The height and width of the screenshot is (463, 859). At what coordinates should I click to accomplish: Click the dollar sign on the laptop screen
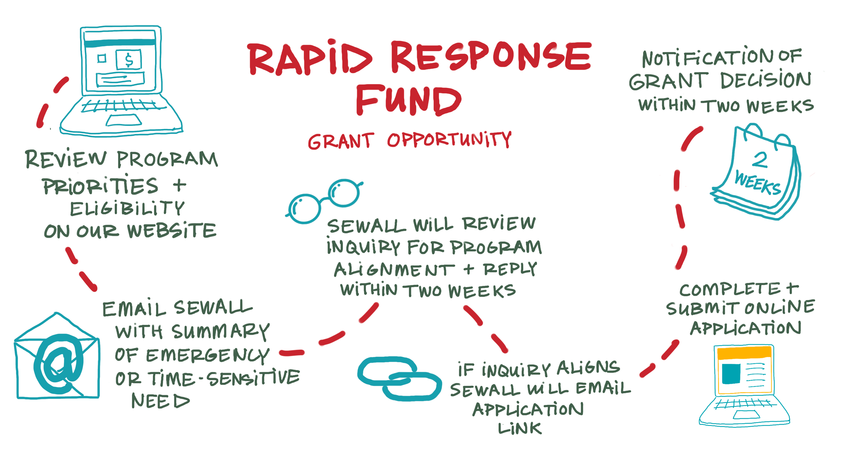click(x=129, y=60)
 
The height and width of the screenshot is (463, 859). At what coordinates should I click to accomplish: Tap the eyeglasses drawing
click(x=324, y=201)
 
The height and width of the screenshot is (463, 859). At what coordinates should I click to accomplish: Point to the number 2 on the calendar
click(x=759, y=160)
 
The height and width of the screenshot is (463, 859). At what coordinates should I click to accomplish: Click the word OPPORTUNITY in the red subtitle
click(x=449, y=140)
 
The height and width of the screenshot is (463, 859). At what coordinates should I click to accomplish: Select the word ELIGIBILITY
click(x=127, y=209)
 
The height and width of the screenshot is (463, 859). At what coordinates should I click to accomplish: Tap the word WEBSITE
click(x=172, y=231)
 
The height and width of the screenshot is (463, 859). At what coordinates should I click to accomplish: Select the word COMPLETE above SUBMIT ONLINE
click(x=730, y=289)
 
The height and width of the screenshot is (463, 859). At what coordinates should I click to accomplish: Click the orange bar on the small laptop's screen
click(x=744, y=353)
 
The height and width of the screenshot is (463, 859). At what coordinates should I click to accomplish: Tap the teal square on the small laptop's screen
click(x=731, y=374)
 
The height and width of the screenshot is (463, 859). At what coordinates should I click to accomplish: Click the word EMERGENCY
click(x=208, y=355)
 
